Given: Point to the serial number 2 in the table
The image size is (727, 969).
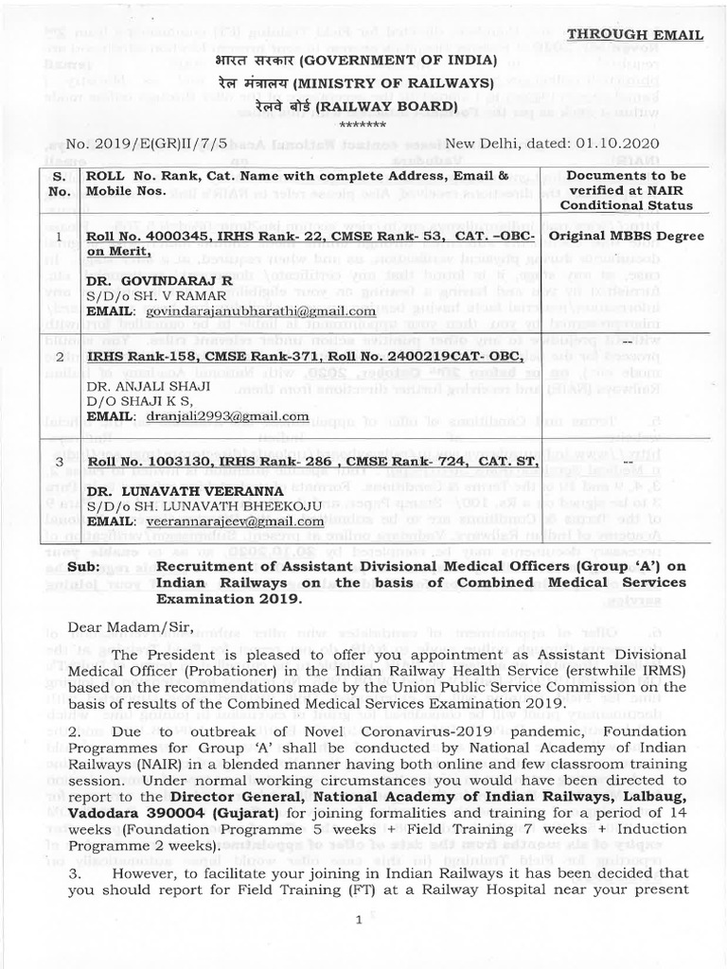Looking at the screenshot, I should click(60, 357).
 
